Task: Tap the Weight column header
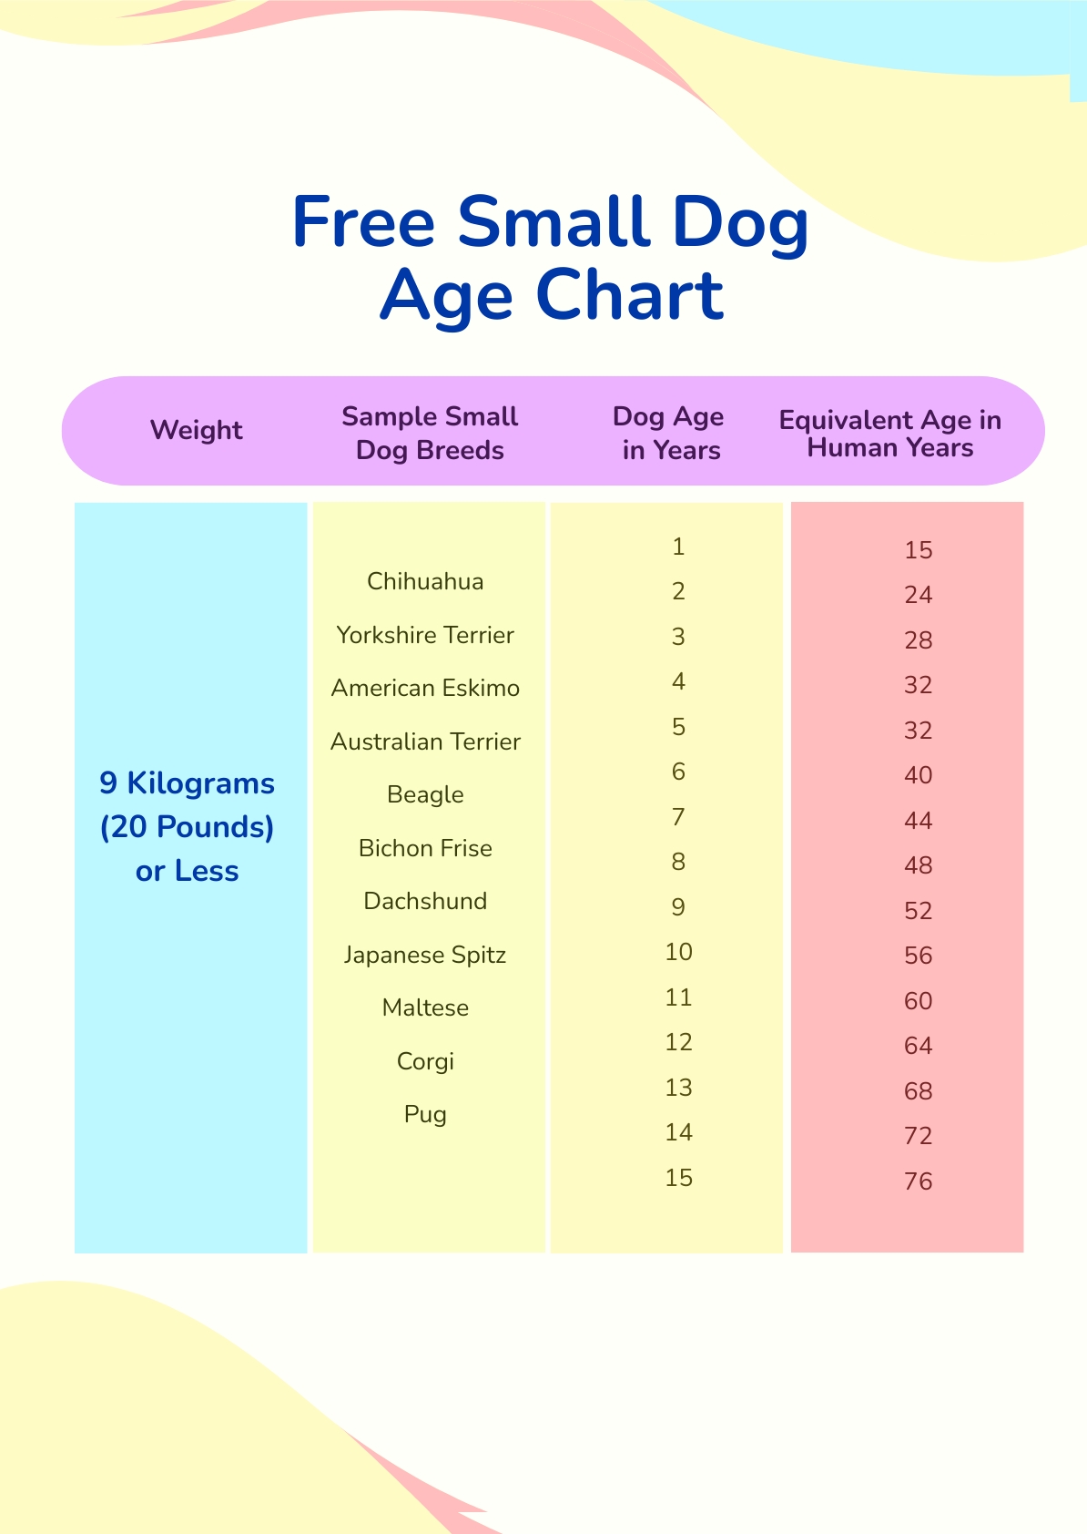(x=197, y=431)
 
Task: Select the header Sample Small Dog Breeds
(x=430, y=433)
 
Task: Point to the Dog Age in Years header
(x=669, y=433)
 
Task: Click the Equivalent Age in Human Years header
(x=889, y=433)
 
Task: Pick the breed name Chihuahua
(x=425, y=581)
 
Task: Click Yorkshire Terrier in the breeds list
(x=425, y=635)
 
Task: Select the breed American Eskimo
(x=425, y=688)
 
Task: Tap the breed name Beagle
(x=425, y=795)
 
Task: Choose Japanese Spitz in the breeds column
(x=425, y=955)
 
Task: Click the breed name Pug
(x=425, y=1115)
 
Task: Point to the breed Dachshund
(x=425, y=901)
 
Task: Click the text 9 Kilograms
(x=187, y=783)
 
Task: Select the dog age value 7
(x=678, y=817)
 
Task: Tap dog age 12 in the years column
(x=678, y=1042)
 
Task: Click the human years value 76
(x=918, y=1181)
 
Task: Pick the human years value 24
(x=918, y=595)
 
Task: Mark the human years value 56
(x=918, y=956)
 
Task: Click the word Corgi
(x=425, y=1061)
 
